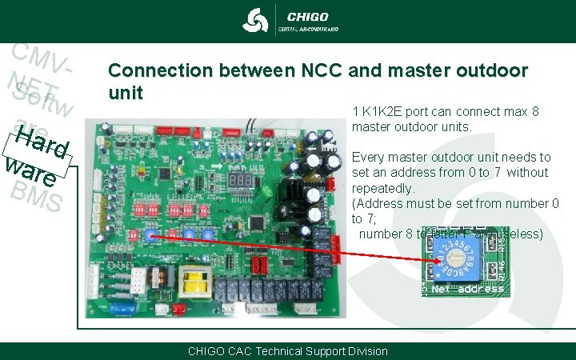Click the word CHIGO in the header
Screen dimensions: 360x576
point(306,15)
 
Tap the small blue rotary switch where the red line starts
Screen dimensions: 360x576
point(150,234)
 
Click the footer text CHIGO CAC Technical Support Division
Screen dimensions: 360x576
point(287,351)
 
